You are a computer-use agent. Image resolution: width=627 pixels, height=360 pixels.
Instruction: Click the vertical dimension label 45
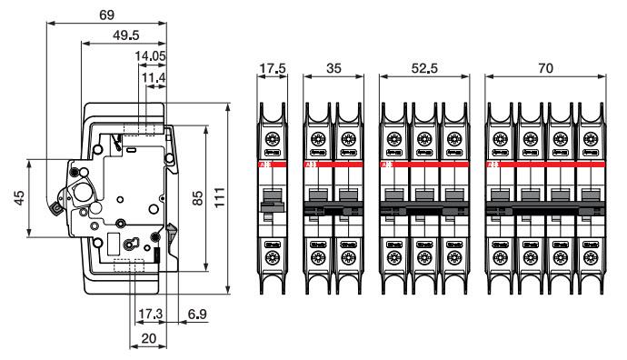tap(17, 200)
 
